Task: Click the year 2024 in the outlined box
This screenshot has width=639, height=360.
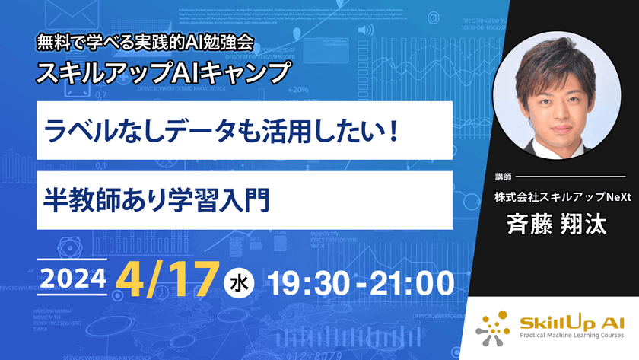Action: (72, 280)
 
